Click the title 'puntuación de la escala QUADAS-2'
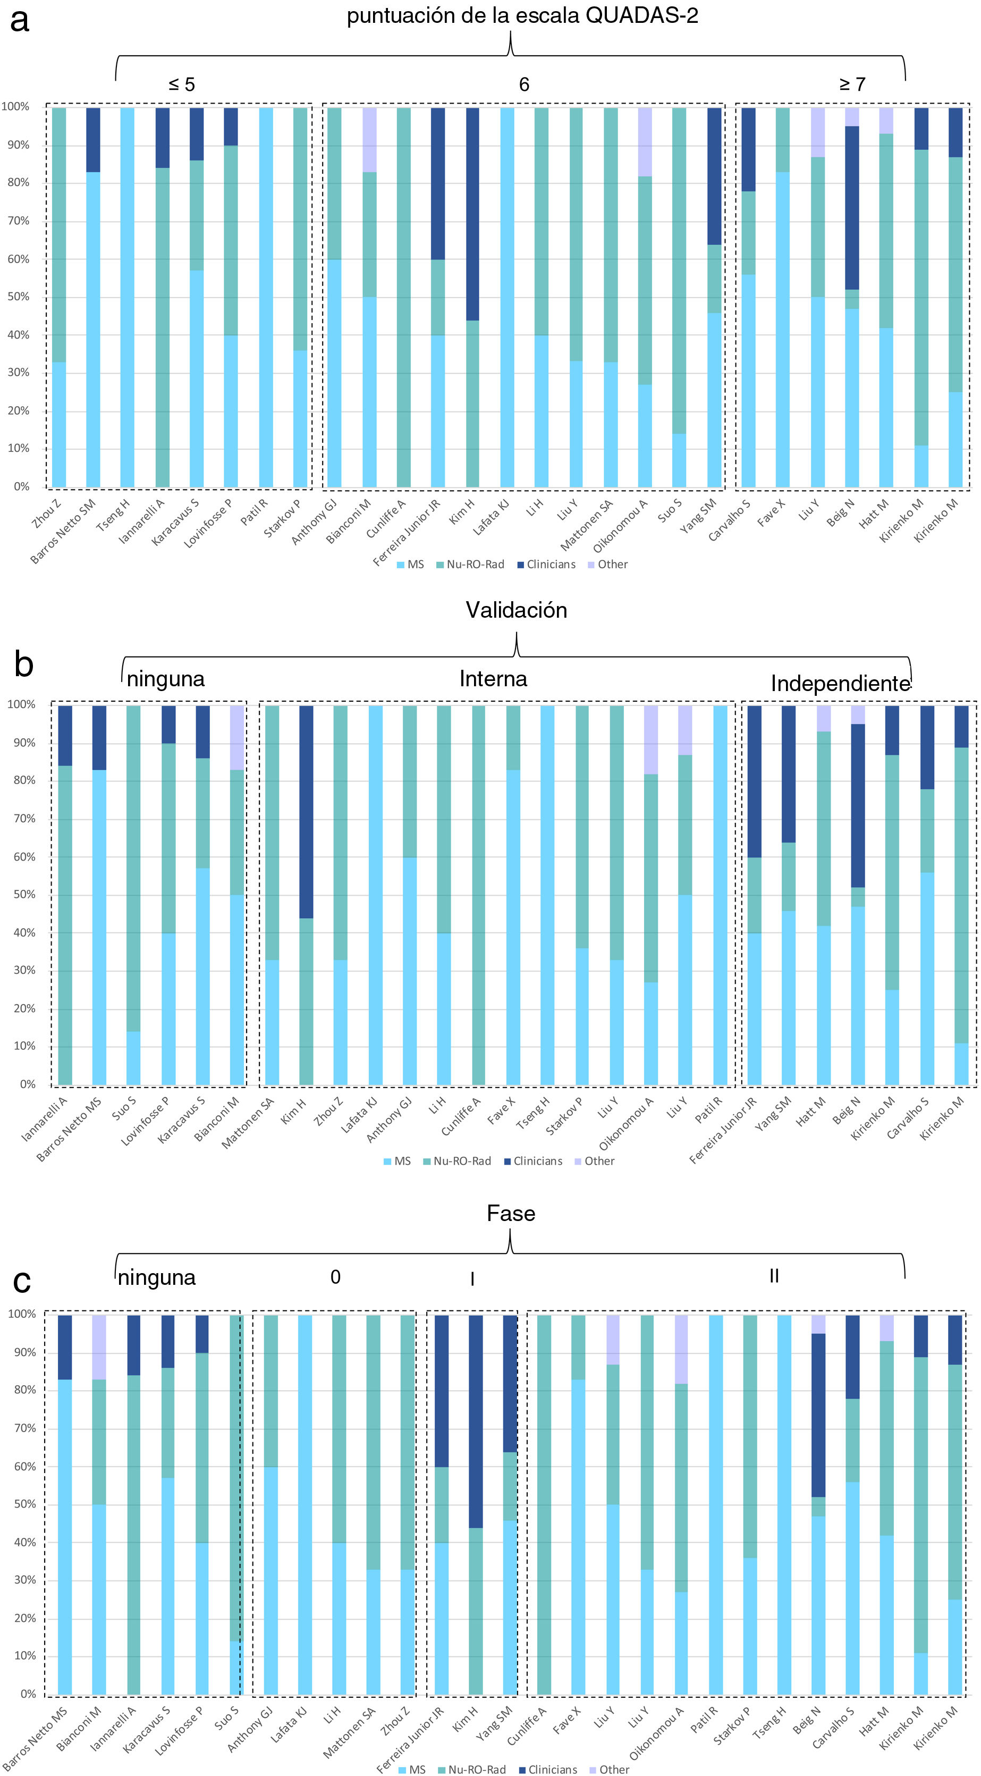coord(522,16)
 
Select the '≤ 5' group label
coord(181,84)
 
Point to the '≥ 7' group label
coord(852,84)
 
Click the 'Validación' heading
coord(517,610)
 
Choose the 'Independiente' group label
coord(840,683)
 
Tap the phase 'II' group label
coord(774,1276)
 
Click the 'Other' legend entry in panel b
coord(599,1161)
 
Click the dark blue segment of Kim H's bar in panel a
coord(472,214)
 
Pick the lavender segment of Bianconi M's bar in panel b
coord(237,737)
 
